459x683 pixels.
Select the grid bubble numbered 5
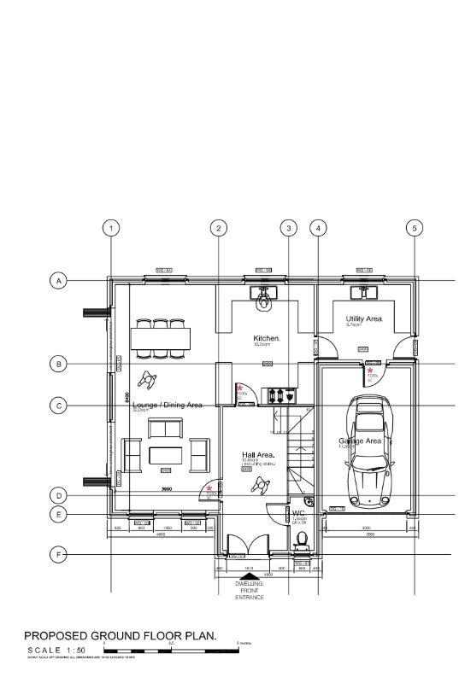point(415,228)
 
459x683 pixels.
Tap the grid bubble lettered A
point(58,281)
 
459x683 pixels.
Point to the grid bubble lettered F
point(58,555)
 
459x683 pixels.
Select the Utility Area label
point(364,318)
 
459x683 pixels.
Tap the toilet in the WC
point(300,538)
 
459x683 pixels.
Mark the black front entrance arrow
point(249,575)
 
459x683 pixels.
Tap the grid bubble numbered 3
point(289,228)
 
